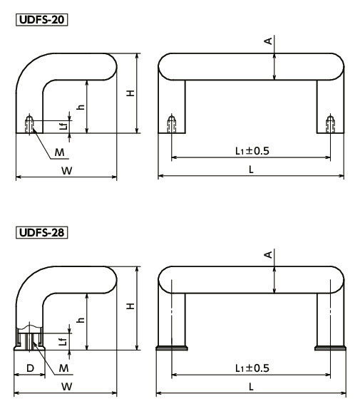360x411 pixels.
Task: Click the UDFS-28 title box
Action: [x=40, y=232]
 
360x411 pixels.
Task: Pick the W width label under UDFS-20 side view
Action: [x=66, y=170]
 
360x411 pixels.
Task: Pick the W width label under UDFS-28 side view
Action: [x=66, y=385]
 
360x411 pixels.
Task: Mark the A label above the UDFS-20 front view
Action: [x=268, y=41]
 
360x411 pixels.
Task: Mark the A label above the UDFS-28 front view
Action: [x=268, y=254]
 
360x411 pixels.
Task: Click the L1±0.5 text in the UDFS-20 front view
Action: [x=252, y=151]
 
